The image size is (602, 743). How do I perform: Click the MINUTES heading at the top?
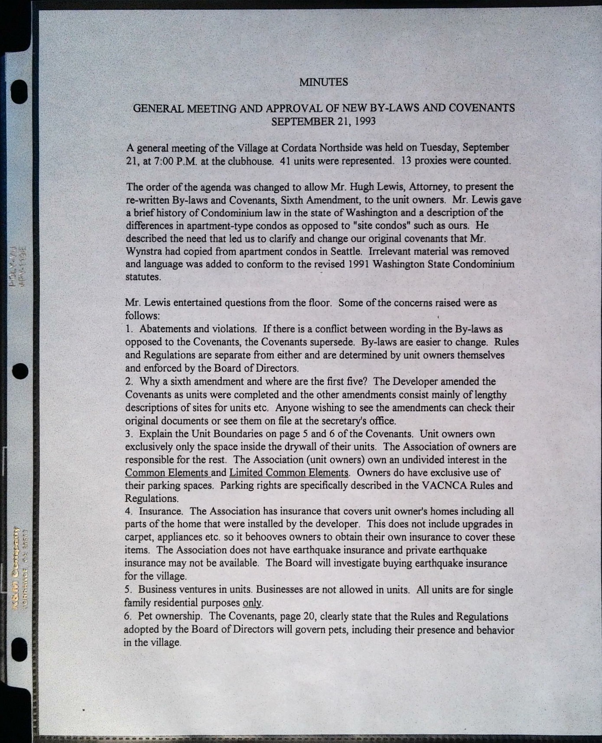(x=323, y=82)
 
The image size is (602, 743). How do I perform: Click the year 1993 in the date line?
(x=365, y=121)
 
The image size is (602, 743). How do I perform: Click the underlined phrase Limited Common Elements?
(x=289, y=473)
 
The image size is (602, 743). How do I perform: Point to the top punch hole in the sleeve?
(x=20, y=91)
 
